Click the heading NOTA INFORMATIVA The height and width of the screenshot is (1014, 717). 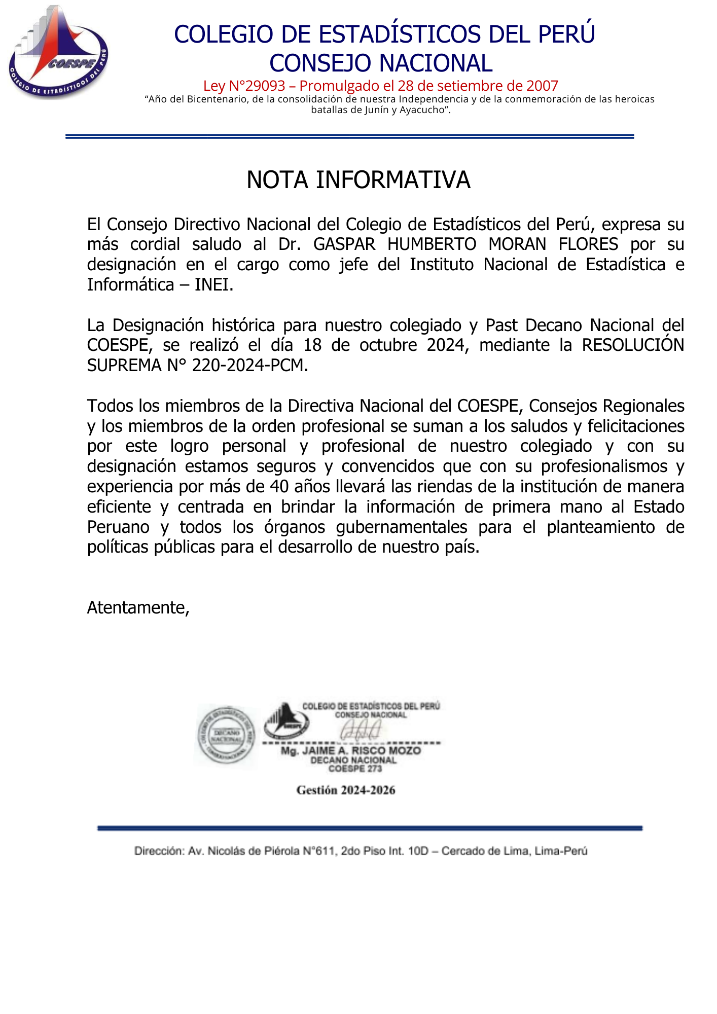358,180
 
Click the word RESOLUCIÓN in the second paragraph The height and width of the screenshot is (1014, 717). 633,345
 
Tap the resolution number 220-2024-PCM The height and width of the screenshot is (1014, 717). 249,366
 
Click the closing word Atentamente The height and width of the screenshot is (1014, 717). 137,607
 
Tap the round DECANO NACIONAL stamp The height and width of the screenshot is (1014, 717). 226,736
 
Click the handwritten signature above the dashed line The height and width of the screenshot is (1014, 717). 361,730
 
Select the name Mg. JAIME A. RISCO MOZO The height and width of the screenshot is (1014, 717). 351,751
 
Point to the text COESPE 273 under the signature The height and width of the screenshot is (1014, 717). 355,769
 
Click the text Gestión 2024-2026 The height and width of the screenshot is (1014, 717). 346,790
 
